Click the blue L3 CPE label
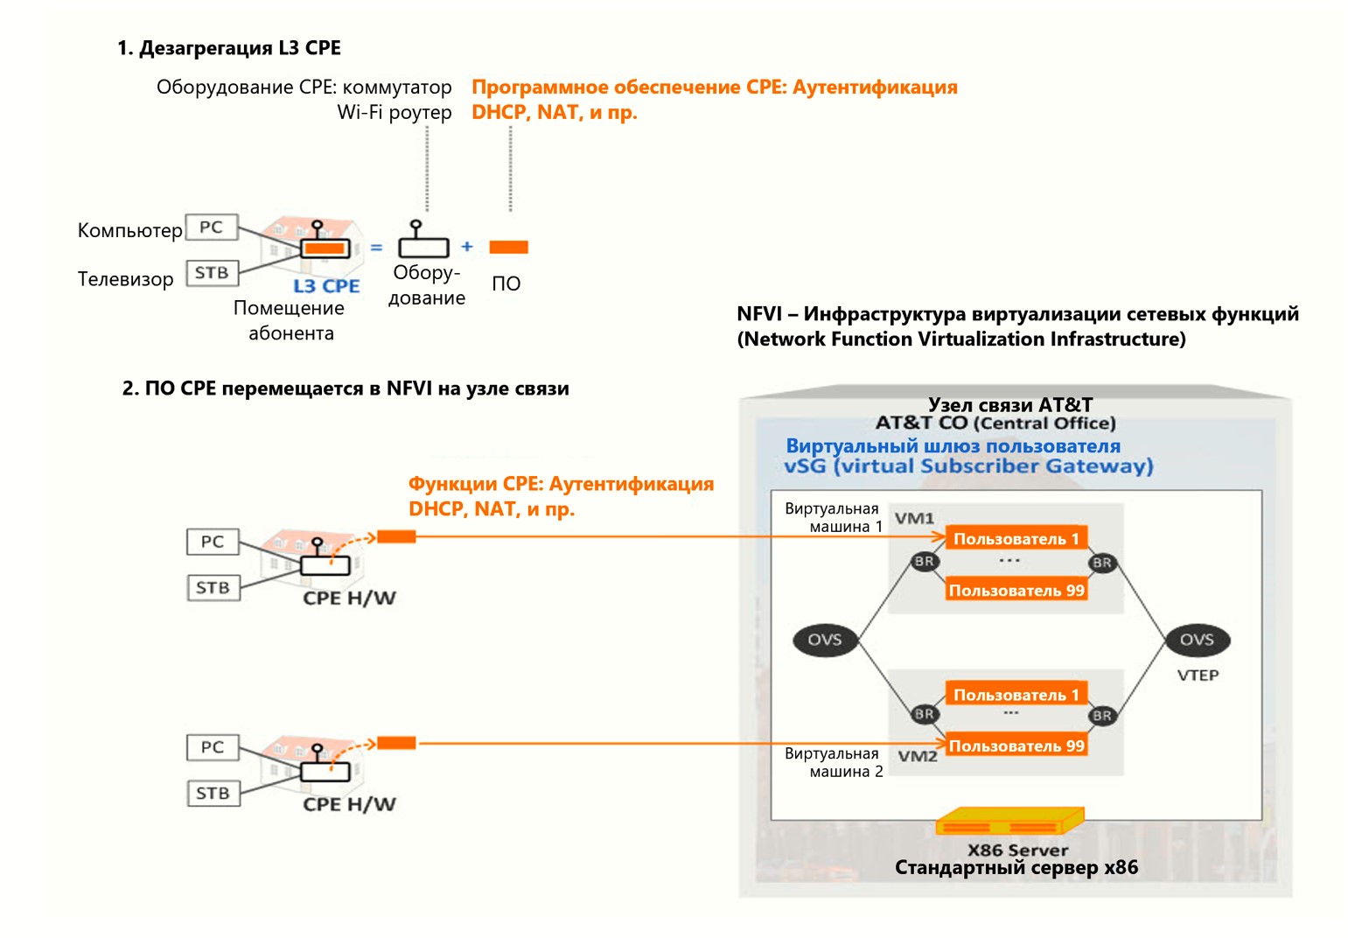(326, 286)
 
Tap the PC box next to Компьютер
(212, 227)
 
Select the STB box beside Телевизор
(212, 273)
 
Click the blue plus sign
(467, 247)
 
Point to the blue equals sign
(376, 248)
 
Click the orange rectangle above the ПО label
(508, 248)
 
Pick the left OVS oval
(824, 640)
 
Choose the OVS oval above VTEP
(1197, 640)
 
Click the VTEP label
(1198, 675)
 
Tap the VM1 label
(914, 519)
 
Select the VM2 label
(917, 756)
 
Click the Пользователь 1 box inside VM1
(1016, 539)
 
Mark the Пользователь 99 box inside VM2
(1016, 746)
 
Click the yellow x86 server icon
(1009, 822)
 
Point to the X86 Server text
(1017, 850)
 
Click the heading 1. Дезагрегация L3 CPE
(229, 48)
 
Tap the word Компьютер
(129, 231)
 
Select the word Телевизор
(125, 280)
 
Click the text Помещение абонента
(290, 320)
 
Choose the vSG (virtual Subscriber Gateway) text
(968, 466)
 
